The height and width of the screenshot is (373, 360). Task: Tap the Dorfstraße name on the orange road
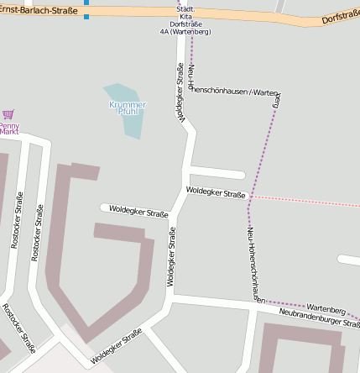coord(340,16)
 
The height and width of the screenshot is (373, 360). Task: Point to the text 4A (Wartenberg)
coord(185,32)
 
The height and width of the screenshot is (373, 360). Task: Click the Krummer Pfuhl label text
coord(128,108)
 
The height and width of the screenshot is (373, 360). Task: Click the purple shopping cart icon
coord(8,114)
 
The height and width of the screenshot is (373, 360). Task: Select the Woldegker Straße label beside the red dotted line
coord(216,194)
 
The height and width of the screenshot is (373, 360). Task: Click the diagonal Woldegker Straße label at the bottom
coord(116,346)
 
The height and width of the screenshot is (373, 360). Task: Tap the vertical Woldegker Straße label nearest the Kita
coord(180,93)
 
